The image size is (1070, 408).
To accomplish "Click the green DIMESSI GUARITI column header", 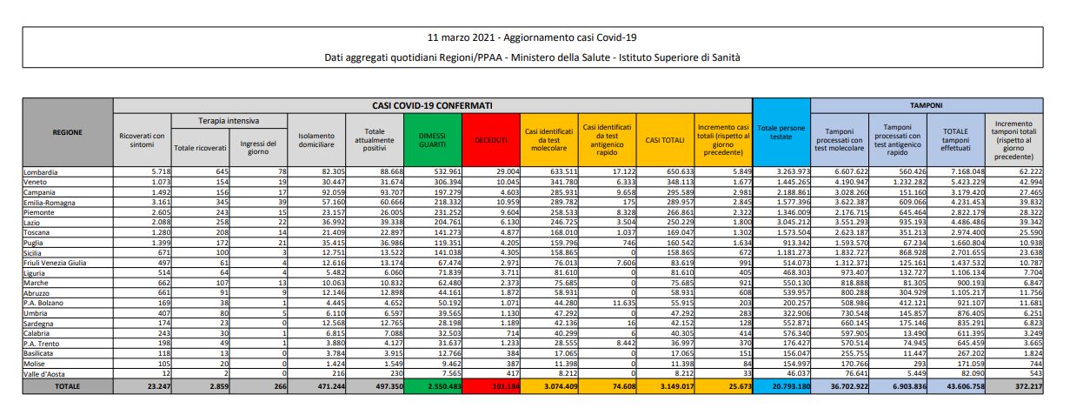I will (435, 139).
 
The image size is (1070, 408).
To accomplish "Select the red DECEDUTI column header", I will (492, 139).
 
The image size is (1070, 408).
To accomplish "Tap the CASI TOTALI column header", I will (665, 139).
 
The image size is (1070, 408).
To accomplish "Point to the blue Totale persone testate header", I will (781, 133).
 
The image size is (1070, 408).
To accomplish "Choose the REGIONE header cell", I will (68, 132).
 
